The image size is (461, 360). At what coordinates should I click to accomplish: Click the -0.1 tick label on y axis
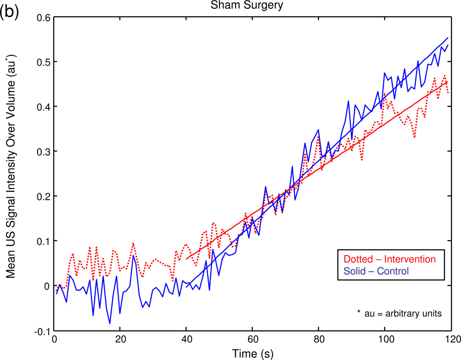[41, 331]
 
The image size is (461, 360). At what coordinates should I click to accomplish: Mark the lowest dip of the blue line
[110, 324]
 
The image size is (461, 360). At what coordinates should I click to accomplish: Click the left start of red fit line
[187, 259]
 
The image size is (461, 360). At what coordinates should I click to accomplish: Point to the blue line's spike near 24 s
[133, 255]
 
